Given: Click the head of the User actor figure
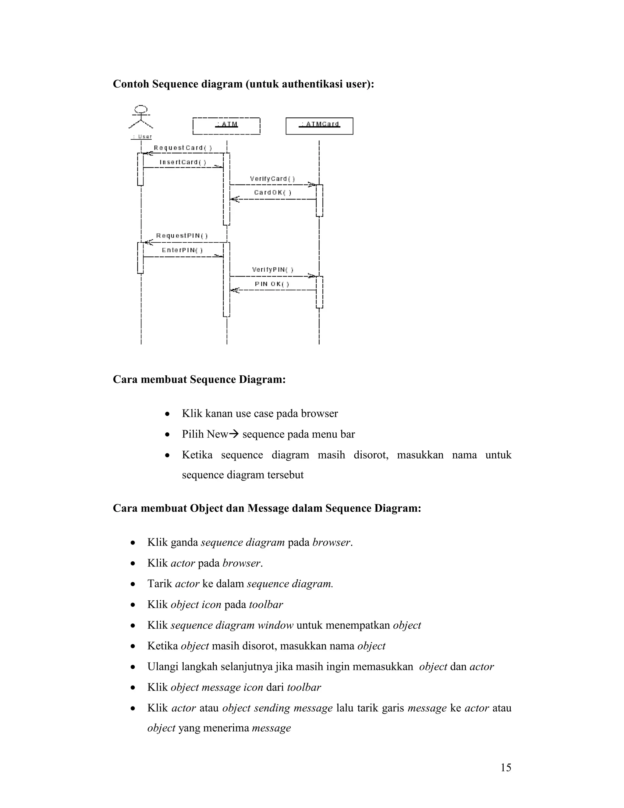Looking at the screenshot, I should pos(141,109).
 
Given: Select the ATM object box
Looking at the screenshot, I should pos(227,126).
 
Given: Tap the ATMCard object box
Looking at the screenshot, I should pos(319,126).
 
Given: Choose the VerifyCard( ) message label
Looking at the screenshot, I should pos(272,179).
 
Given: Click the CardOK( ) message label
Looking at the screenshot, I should pos(273,192).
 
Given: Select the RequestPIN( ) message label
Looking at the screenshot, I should pos(182,236).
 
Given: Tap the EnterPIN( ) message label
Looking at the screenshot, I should pos(182,250).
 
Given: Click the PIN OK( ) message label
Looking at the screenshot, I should pos(272,284).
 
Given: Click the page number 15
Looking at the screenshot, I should pos(506,768).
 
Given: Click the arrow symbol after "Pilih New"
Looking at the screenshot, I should pos(234,434).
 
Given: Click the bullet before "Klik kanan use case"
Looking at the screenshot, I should pos(168,414).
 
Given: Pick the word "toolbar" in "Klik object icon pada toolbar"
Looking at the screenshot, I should pos(266,605).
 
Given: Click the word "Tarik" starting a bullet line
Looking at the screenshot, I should pos(160,584).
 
